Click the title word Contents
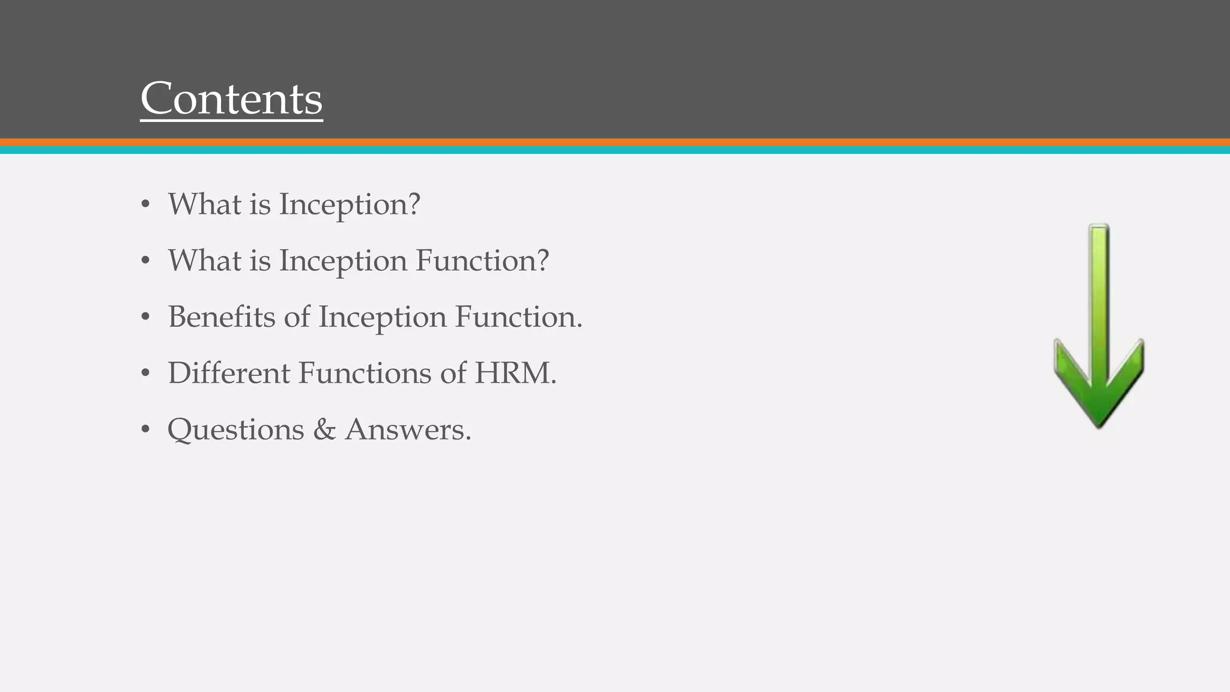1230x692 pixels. [x=231, y=99]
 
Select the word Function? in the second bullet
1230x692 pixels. [x=482, y=261]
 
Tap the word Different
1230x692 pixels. [x=229, y=373]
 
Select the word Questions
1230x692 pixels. [x=235, y=429]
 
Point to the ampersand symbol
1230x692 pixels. [x=324, y=429]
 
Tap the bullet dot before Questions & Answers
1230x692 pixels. [x=145, y=429]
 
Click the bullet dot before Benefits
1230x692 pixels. [x=145, y=317]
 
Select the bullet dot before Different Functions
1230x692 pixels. [x=145, y=373]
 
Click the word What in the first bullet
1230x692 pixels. [x=204, y=204]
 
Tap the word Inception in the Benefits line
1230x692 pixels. [x=382, y=317]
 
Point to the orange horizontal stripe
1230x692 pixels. [x=615, y=142]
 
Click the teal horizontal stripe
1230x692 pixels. [x=615, y=150]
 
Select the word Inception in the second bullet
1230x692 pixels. [x=343, y=261]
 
